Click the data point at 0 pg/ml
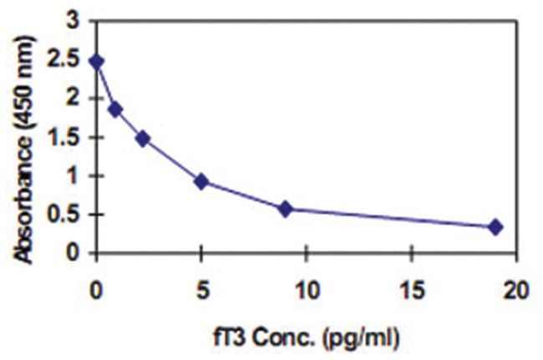96,61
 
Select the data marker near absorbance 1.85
115,109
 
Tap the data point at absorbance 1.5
142,138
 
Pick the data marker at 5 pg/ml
201,180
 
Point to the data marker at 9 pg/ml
285,209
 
